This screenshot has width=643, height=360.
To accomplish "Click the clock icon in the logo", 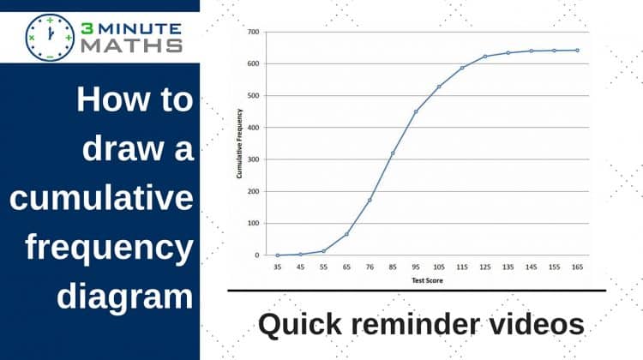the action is click(x=50, y=38).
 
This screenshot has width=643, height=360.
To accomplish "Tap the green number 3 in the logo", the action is click(x=87, y=28).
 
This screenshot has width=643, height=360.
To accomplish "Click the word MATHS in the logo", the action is click(x=131, y=46).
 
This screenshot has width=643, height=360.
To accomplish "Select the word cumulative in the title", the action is click(x=101, y=198).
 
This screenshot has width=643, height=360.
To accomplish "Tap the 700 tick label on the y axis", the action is click(x=254, y=32).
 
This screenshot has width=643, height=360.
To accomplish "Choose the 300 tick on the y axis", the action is click(x=254, y=159).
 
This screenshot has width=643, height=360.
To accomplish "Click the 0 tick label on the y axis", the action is click(x=257, y=255).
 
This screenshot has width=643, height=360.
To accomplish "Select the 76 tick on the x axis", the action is click(x=370, y=267).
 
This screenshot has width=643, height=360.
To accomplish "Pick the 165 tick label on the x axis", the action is click(x=577, y=267).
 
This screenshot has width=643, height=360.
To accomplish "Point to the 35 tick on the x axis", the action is click(x=278, y=267).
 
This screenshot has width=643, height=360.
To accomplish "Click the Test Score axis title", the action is click(x=427, y=280).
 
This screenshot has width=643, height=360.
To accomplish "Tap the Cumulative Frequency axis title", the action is click(x=239, y=143).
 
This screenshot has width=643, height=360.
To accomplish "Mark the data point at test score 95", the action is click(x=416, y=111).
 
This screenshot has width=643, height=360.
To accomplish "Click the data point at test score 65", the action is click(x=346, y=234).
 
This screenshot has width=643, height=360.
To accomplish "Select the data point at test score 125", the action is click(x=485, y=57).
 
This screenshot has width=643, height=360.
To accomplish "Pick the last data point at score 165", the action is click(x=577, y=51).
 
